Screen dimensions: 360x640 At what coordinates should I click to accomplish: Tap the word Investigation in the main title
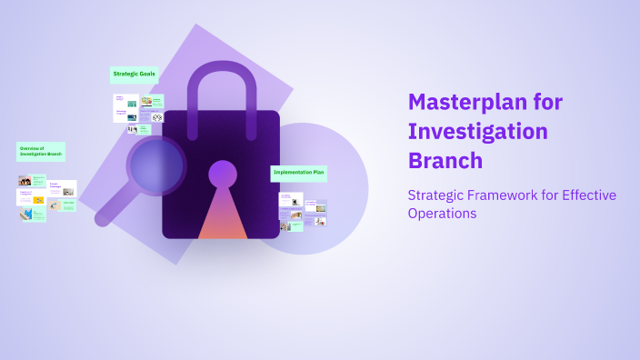pyautogui.click(x=477, y=131)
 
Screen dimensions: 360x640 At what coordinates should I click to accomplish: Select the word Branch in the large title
pyautogui.click(x=445, y=160)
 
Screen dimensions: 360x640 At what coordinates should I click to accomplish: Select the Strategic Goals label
pyautogui.click(x=135, y=73)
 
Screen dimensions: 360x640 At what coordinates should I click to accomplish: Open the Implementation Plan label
pyautogui.click(x=298, y=172)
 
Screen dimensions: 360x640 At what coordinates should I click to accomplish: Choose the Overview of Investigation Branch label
pyautogui.click(x=40, y=151)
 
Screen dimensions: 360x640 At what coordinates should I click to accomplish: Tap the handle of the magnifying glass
pyautogui.click(x=113, y=209)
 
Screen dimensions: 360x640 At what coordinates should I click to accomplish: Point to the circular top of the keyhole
pyautogui.click(x=223, y=173)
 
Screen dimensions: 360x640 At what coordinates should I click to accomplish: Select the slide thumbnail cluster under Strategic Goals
pyautogui.click(x=138, y=113)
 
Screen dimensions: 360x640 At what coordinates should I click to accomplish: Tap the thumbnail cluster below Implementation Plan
pyautogui.click(x=303, y=211)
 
